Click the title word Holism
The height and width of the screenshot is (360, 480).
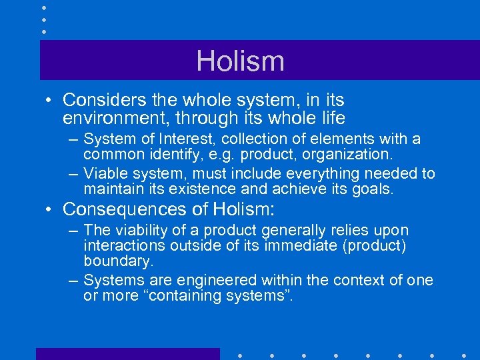point(240,61)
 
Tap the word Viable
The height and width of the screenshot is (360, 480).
point(103,174)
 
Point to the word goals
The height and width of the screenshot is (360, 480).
point(375,189)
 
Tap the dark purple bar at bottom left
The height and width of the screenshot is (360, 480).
point(127,353)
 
